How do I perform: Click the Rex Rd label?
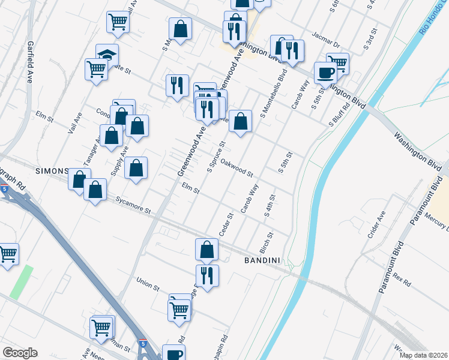[403, 280]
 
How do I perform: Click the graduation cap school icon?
[107, 55]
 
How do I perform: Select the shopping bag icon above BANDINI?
[206, 250]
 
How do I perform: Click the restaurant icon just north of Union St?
[207, 276]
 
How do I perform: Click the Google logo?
[20, 353]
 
